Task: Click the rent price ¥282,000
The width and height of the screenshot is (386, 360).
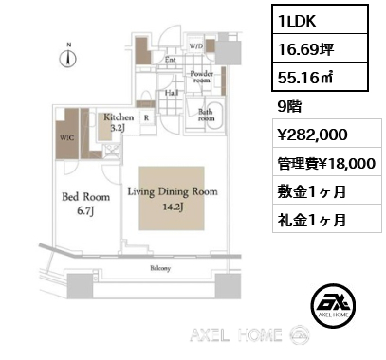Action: click(x=311, y=135)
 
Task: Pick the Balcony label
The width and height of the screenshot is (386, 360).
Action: click(x=159, y=269)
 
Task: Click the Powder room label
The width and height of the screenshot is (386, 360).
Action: click(x=200, y=76)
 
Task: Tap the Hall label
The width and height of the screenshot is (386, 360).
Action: click(x=172, y=92)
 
